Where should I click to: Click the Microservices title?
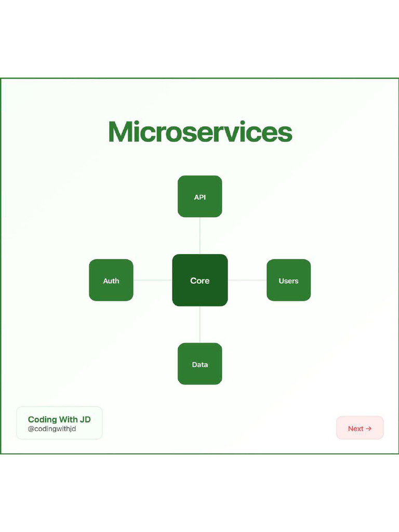(x=200, y=132)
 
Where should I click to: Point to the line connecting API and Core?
(x=200, y=235)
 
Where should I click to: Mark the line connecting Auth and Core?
(x=153, y=280)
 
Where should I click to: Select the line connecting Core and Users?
(x=247, y=280)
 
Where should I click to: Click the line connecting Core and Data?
(x=200, y=324)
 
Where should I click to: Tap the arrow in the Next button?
(x=369, y=429)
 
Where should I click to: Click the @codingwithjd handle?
(x=52, y=429)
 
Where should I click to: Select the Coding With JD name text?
(x=59, y=419)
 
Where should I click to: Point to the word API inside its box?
(x=200, y=197)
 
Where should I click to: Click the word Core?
(x=200, y=281)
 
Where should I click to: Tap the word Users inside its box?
(x=288, y=281)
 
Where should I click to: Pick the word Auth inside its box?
(x=111, y=281)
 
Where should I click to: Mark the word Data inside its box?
(x=200, y=365)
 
